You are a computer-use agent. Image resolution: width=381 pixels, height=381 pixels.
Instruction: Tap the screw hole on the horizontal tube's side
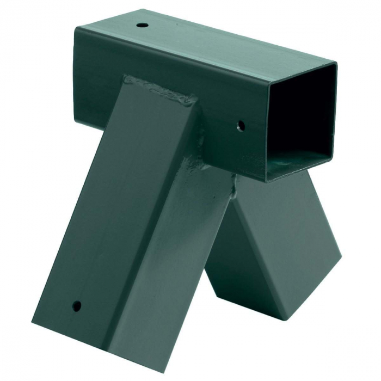(x=241, y=126)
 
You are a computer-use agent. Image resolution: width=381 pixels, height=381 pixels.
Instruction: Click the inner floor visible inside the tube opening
(x=297, y=158)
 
